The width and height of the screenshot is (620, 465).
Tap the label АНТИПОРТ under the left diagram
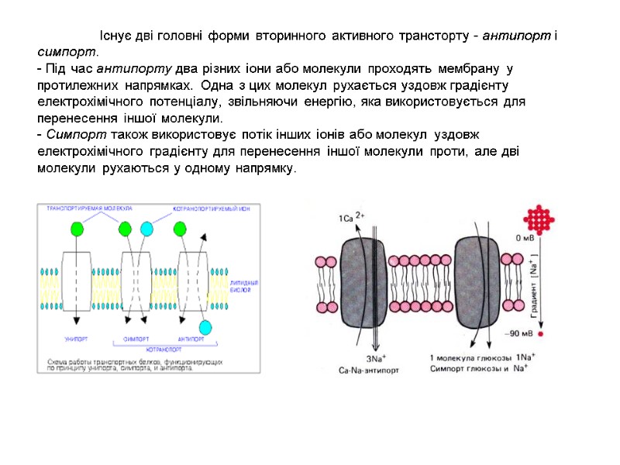[x=191, y=339]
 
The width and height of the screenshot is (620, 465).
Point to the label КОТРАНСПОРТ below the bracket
[x=164, y=350]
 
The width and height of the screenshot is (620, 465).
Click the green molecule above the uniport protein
[x=77, y=229]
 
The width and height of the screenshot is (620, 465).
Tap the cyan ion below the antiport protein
[x=205, y=326]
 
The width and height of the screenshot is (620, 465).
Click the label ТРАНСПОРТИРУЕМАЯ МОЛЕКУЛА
[x=90, y=208]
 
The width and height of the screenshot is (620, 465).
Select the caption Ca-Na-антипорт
[x=370, y=370]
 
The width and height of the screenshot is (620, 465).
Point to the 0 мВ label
[x=525, y=238]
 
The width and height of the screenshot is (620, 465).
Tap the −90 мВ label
[x=520, y=334]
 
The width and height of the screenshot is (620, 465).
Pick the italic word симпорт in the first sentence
[x=67, y=52]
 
